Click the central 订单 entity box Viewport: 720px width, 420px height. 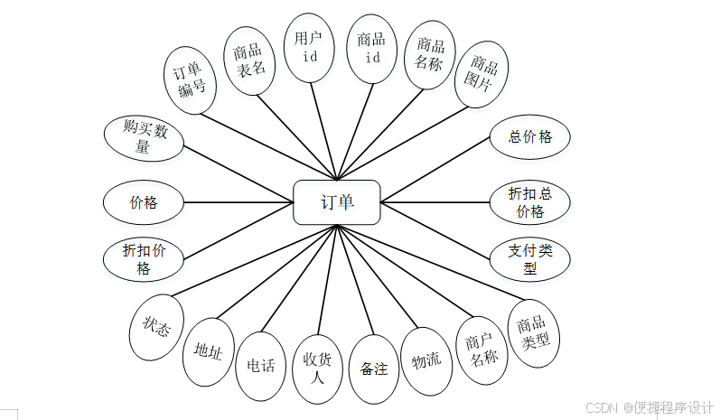click(x=337, y=202)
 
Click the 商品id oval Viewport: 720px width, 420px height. click(x=371, y=48)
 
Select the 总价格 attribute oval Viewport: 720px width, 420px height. click(x=529, y=137)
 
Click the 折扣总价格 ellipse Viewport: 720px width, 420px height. click(x=529, y=203)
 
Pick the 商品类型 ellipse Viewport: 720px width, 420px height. click(x=533, y=335)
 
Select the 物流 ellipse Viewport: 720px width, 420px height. click(x=425, y=360)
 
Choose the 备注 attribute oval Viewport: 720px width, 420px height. click(x=373, y=369)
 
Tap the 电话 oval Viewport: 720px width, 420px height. click(x=260, y=365)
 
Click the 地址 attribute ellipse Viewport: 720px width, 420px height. click(x=209, y=350)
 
